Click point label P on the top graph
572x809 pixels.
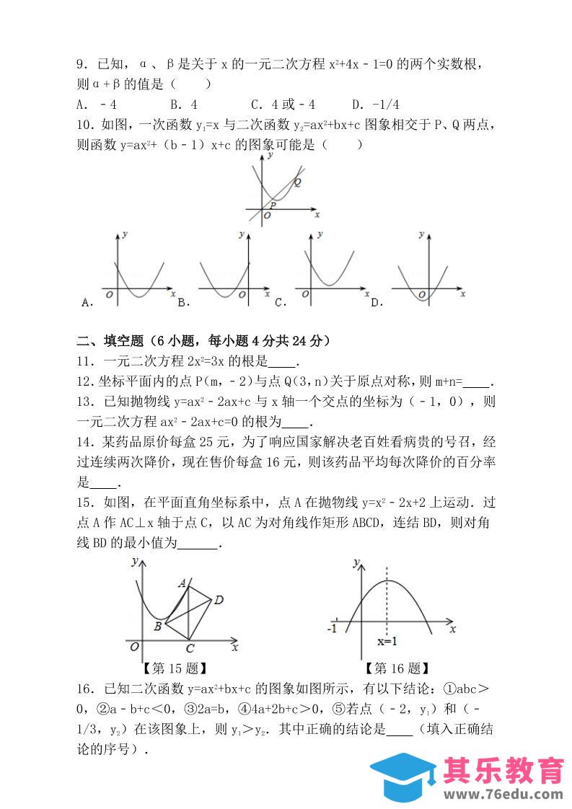coord(273,205)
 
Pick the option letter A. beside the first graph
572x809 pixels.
coord(87,303)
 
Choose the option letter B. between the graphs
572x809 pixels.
coord(182,303)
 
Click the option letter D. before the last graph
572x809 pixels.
coord(377,303)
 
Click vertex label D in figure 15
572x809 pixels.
coord(219,599)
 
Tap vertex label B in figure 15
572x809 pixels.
coord(157,627)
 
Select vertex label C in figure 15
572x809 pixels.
coord(189,647)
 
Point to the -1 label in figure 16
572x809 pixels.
coord(332,629)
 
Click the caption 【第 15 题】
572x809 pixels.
coord(175,668)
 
